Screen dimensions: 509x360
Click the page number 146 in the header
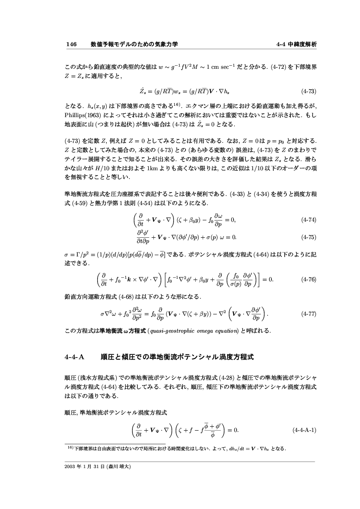(71, 44)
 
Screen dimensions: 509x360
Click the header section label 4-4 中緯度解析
(296, 44)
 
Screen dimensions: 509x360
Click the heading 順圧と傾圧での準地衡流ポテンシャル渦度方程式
(177, 357)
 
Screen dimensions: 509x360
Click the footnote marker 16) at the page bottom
(69, 447)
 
